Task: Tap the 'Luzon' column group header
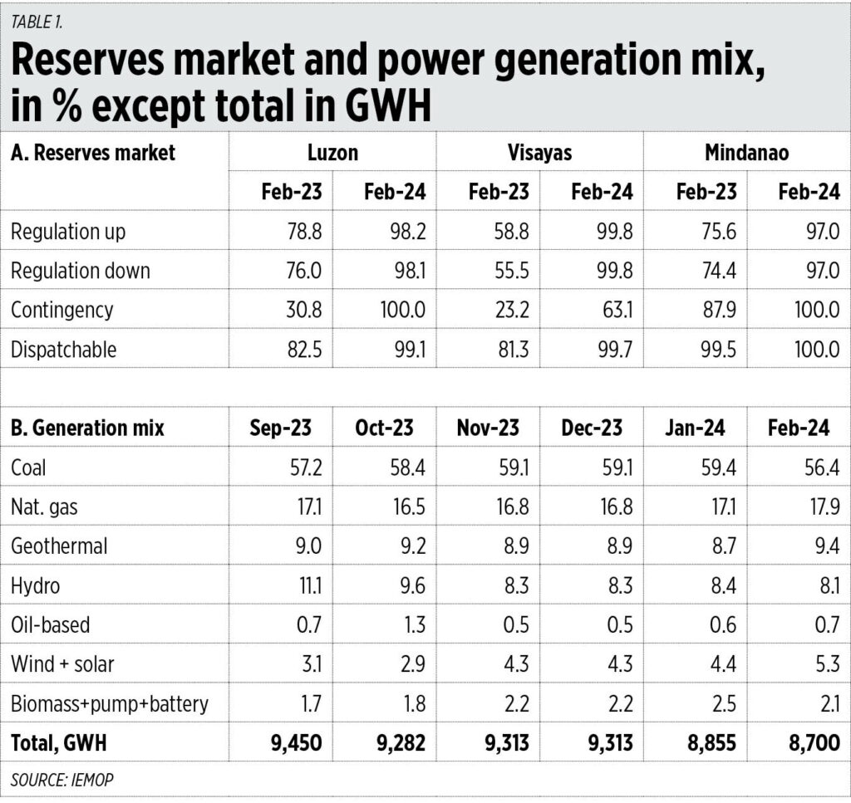coord(332,152)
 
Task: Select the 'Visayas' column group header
coord(539,152)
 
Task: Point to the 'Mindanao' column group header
coord(745,152)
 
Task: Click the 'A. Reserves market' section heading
coord(93,152)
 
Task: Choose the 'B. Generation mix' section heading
coord(87,428)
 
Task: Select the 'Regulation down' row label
coord(80,271)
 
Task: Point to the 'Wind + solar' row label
coord(62,664)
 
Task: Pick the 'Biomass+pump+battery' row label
coord(109,704)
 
